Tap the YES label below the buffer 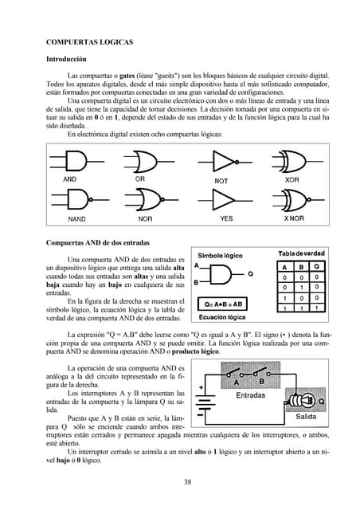point(226,218)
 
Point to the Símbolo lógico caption point(221,256)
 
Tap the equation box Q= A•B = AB point(224,304)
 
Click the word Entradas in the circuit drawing point(250,395)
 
